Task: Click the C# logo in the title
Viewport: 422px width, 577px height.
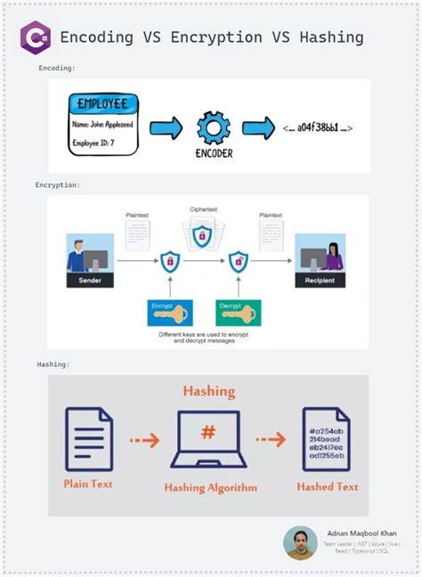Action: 36,37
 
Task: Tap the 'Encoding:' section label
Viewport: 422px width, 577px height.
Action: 57,68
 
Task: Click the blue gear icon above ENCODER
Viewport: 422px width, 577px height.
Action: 213,128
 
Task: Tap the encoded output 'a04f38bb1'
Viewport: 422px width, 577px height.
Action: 318,128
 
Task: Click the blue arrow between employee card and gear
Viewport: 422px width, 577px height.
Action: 166,129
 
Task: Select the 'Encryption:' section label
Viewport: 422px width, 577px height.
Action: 58,185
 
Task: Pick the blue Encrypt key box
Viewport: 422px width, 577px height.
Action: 169,313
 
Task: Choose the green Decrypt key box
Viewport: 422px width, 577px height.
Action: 238,313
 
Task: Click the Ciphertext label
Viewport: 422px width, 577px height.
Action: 204,210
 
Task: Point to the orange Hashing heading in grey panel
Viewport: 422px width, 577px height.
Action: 208,391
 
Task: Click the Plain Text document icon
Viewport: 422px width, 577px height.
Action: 89,439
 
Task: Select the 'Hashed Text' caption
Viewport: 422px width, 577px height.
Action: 328,487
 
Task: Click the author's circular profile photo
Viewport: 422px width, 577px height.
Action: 300,542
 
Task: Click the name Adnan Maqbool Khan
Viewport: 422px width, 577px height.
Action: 361,533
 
